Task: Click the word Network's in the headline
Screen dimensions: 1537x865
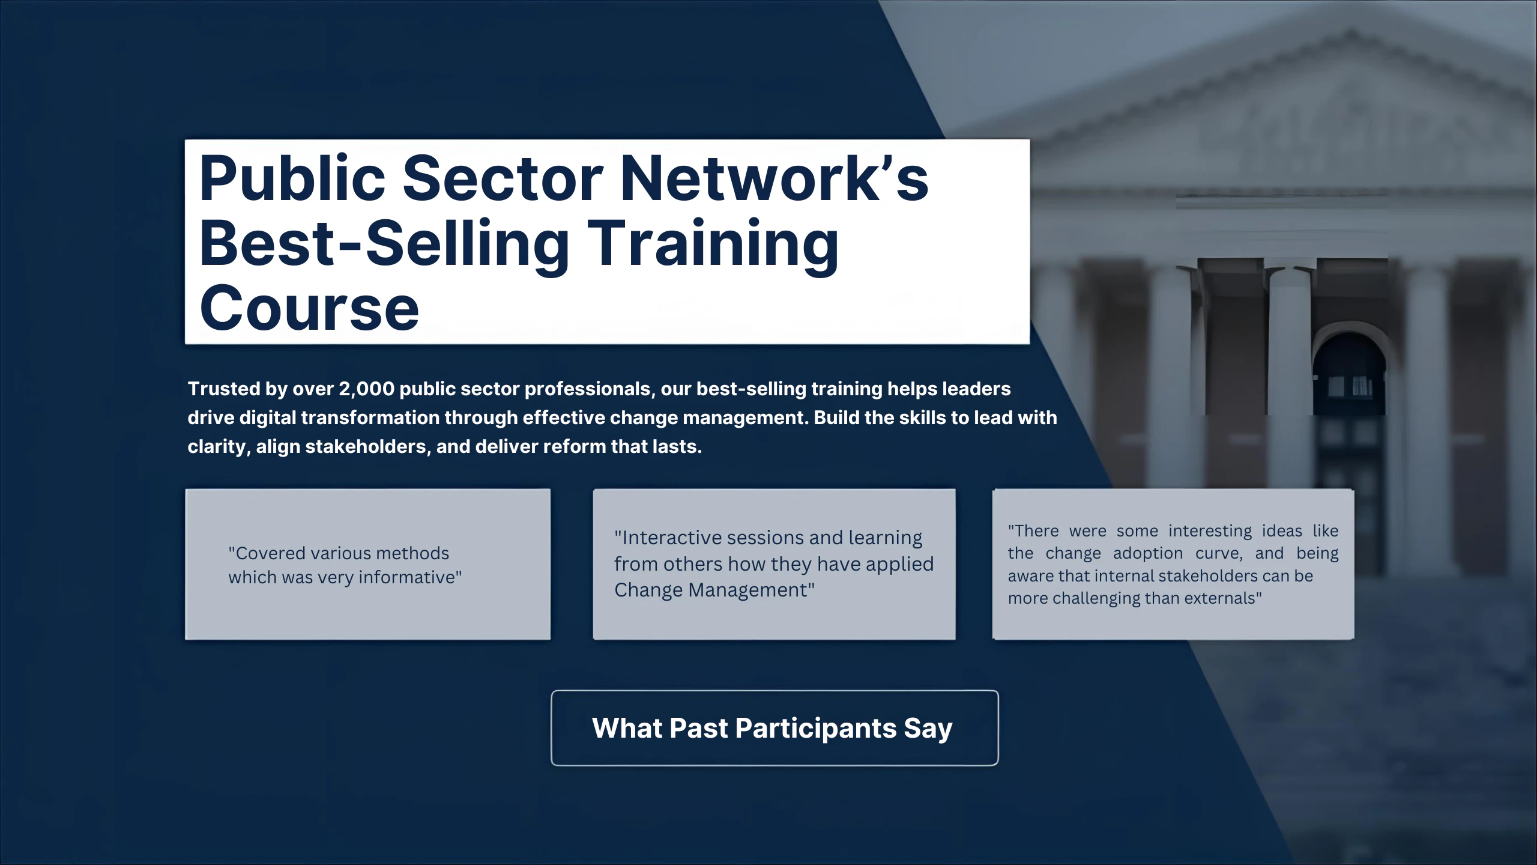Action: pyautogui.click(x=774, y=178)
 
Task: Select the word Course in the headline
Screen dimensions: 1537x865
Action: pyautogui.click(x=309, y=308)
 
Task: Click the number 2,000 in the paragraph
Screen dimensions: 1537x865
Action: pyautogui.click(x=366, y=389)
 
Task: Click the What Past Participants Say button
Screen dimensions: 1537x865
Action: pyautogui.click(x=775, y=727)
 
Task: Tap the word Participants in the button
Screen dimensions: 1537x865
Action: pyautogui.click(x=816, y=729)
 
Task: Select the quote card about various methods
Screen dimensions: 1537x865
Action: pyautogui.click(x=367, y=564)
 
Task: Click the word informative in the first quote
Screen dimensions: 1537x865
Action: pyautogui.click(x=410, y=577)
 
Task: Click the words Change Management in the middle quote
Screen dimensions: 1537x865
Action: pyautogui.click(x=714, y=590)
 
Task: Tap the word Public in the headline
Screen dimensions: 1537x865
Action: pyautogui.click(x=292, y=178)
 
